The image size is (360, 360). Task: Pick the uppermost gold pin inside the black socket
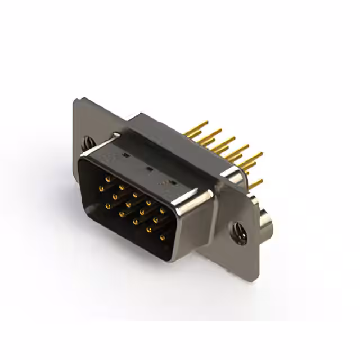pyautogui.click(x=107, y=178)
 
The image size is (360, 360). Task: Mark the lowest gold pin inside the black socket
pyautogui.click(x=163, y=238)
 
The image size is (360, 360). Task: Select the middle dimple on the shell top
pyautogui.click(x=148, y=167)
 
